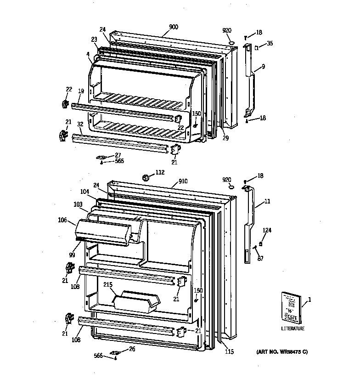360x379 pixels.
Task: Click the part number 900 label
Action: pos(174,27)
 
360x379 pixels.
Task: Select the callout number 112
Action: pos(159,173)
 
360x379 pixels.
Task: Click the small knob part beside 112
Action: pos(146,177)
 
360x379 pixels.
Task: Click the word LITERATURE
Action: pos(293,328)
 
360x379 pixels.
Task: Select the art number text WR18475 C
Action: pos(282,352)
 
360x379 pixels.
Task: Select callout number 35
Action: pos(270,44)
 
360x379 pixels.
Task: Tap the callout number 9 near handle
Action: pos(263,67)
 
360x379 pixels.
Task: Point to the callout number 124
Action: pos(267,230)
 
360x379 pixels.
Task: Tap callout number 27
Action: pos(118,155)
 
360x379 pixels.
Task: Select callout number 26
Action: pos(132,349)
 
